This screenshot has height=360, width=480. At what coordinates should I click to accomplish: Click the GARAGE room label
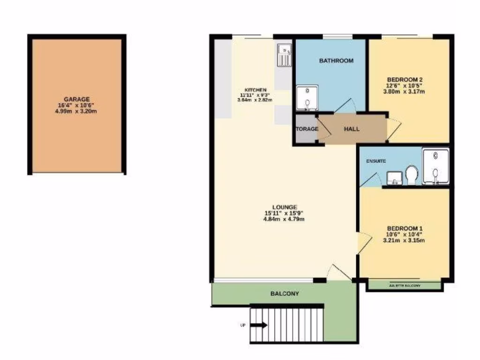tap(77, 99)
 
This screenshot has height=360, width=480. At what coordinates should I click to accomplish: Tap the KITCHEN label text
tap(255, 90)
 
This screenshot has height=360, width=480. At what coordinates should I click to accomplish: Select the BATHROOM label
tap(336, 60)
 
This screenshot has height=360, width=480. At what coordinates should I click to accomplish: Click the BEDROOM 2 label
tap(405, 79)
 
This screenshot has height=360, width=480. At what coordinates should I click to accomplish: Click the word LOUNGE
tap(285, 207)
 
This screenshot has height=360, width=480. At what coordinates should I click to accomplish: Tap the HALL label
tap(352, 128)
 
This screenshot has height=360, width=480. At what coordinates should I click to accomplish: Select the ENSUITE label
tap(376, 161)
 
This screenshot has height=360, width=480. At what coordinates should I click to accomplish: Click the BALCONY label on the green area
tap(285, 294)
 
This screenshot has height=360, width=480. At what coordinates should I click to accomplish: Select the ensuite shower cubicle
tap(435, 166)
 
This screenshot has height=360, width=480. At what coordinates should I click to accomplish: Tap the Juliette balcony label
tap(405, 285)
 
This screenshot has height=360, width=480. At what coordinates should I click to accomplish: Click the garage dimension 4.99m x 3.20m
tap(77, 112)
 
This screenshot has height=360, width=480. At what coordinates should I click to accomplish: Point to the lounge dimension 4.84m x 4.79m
tap(285, 219)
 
